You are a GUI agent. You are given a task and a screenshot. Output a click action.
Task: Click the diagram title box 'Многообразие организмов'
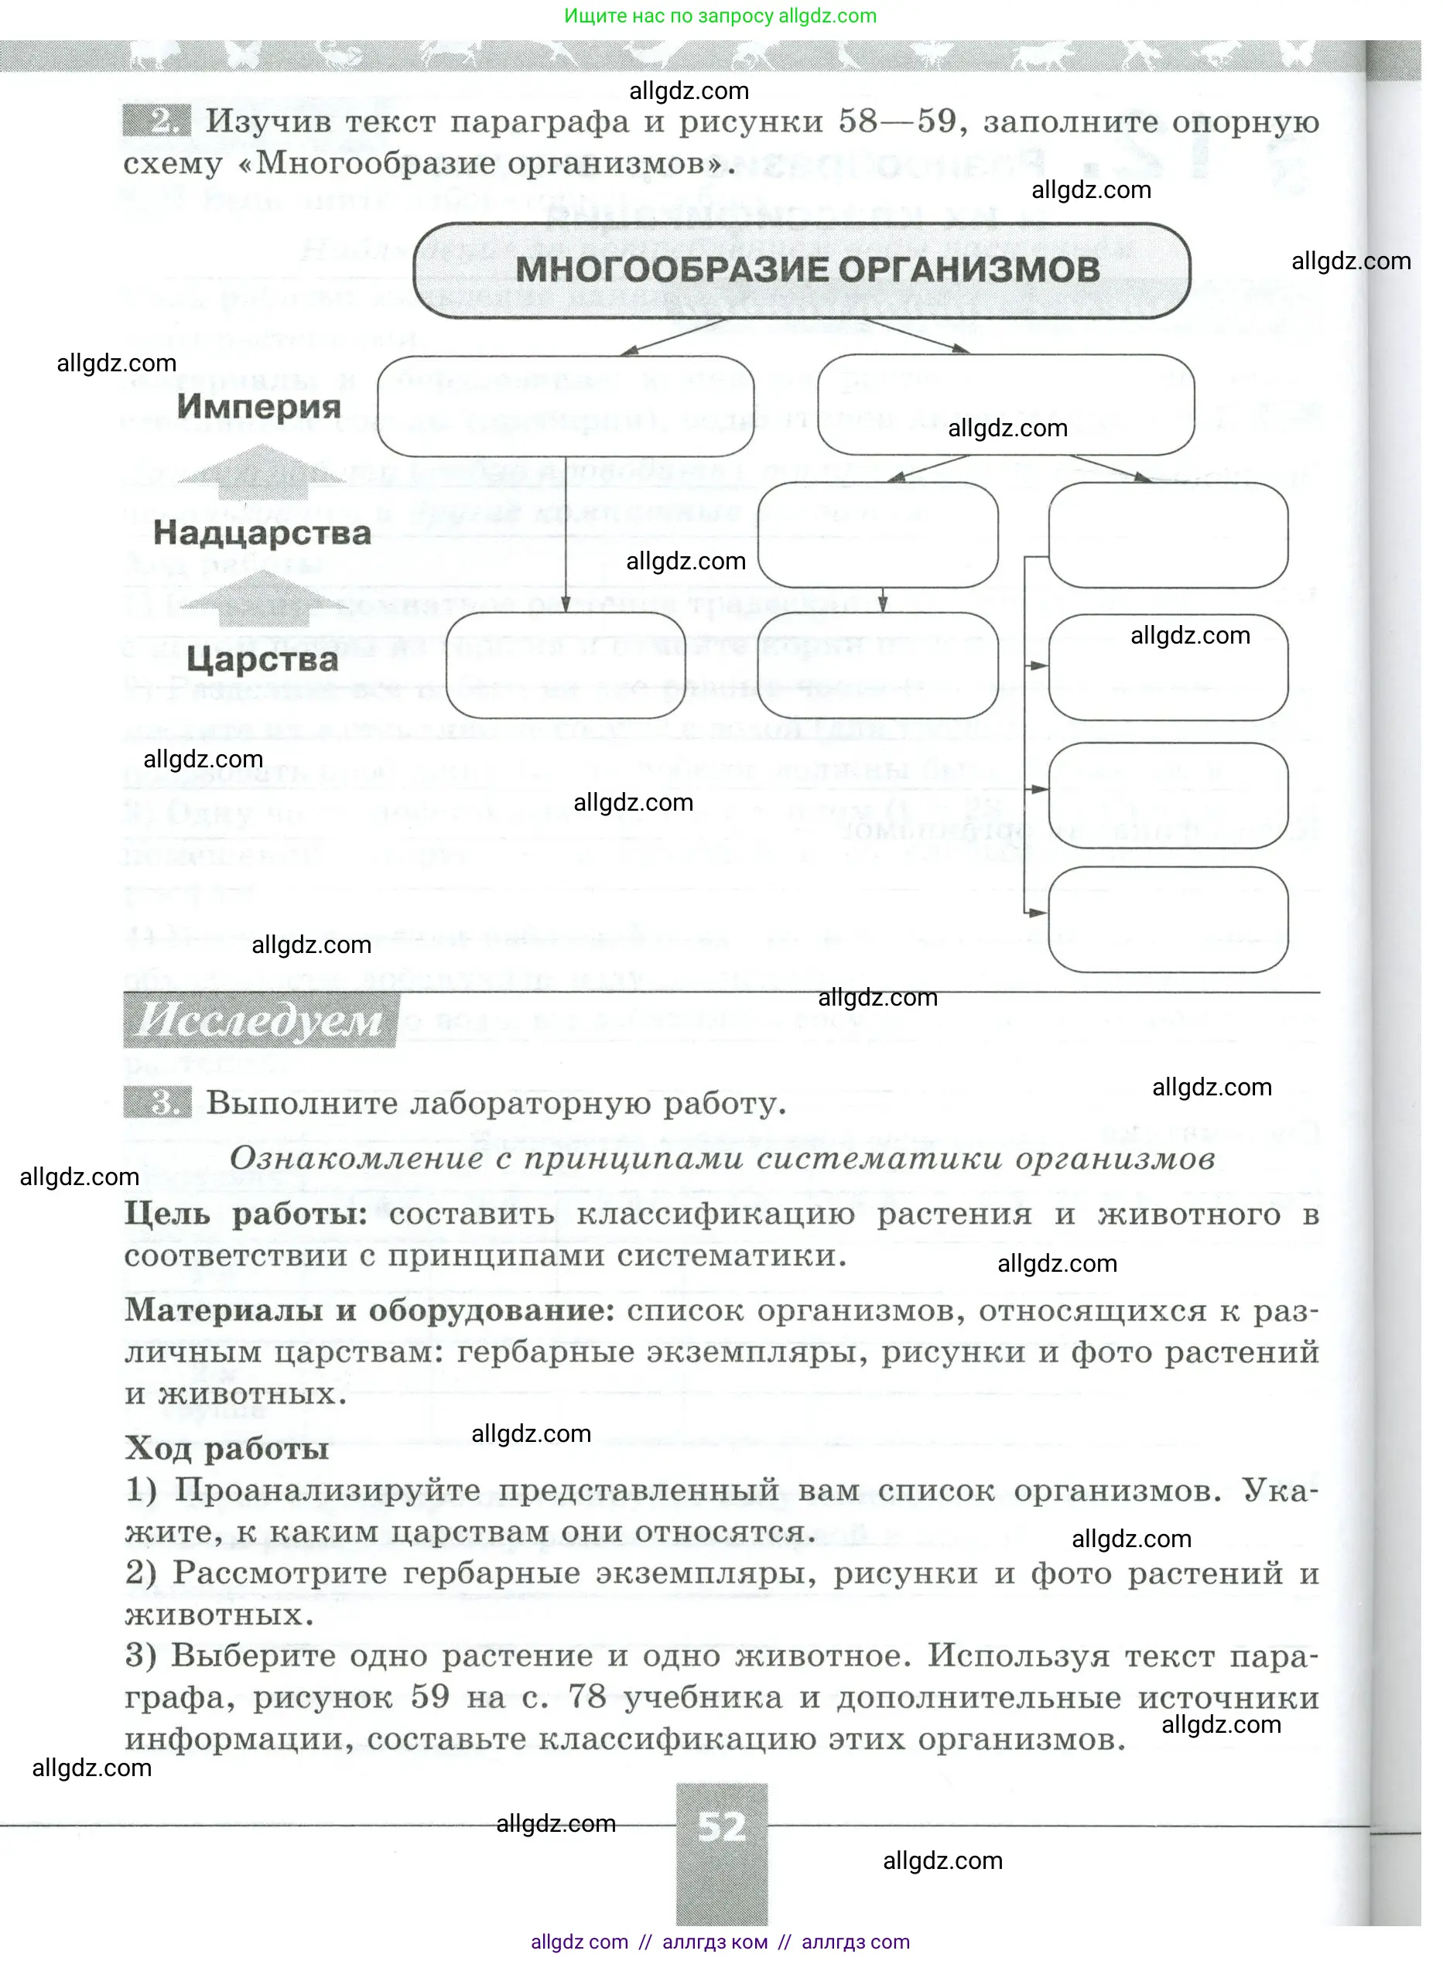pyautogui.click(x=801, y=270)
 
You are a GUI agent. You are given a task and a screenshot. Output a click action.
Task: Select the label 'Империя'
pyautogui.click(x=258, y=406)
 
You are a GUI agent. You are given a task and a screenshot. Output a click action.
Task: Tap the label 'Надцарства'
pyautogui.click(x=262, y=532)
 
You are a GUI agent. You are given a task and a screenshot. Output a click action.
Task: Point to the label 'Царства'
pyautogui.click(x=262, y=659)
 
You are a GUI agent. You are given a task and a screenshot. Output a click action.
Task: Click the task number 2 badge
pyautogui.click(x=156, y=120)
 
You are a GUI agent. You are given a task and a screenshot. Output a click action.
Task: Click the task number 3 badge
pyautogui.click(x=156, y=1103)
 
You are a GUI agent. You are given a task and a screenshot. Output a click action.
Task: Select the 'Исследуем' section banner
pyautogui.click(x=260, y=1020)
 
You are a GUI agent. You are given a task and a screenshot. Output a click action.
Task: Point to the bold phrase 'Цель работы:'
pyautogui.click(x=245, y=1214)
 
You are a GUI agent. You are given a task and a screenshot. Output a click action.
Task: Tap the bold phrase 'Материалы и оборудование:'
pyautogui.click(x=370, y=1310)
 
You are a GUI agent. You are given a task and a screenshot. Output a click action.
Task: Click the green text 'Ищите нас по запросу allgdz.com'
pyautogui.click(x=720, y=15)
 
